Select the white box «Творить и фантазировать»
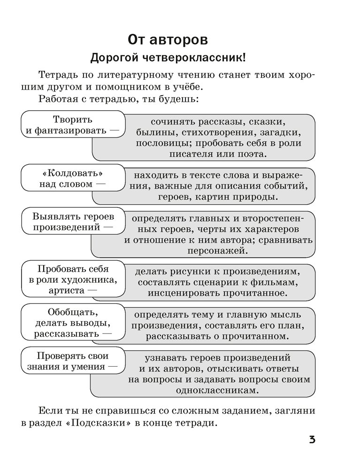point(72,125)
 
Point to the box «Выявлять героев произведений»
point(72,222)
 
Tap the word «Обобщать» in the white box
point(72,312)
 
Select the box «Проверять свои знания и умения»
point(72,360)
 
